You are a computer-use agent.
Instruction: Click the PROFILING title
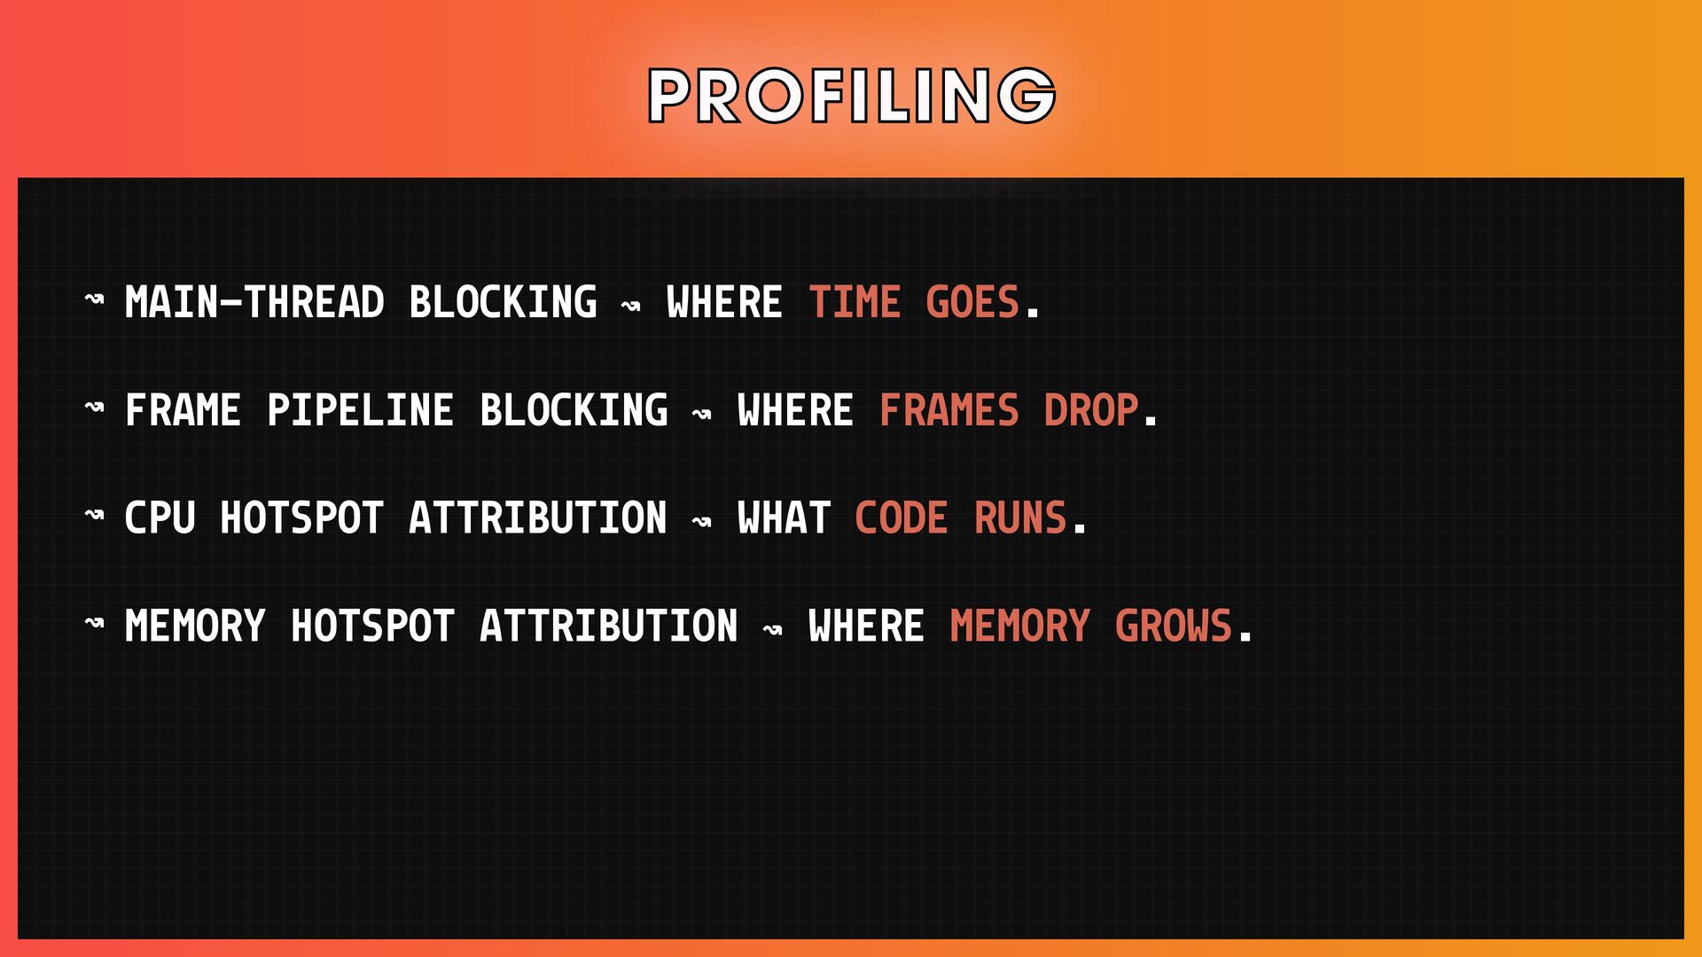tap(852, 95)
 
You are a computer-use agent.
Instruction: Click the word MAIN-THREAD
tap(254, 302)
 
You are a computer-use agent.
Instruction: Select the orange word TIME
tap(855, 302)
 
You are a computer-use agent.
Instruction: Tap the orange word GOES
tap(972, 302)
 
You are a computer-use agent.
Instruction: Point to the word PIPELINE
tap(360, 410)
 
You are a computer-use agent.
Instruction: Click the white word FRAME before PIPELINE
tap(183, 410)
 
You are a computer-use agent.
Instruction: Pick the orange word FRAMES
tap(949, 410)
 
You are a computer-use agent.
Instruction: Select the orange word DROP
tap(1091, 410)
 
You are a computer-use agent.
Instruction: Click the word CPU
tap(160, 517)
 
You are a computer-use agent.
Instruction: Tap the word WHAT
tap(784, 517)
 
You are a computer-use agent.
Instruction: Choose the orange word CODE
tap(902, 517)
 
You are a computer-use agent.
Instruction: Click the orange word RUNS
tap(1020, 517)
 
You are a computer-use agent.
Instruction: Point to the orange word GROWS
tap(1174, 626)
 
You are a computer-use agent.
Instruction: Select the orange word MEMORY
tap(1019, 626)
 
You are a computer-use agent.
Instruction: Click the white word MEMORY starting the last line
tap(195, 626)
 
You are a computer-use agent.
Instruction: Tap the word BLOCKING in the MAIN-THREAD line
tap(503, 302)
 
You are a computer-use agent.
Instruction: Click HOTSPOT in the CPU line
tap(301, 517)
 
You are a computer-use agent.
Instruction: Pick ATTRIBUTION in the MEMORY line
tap(608, 626)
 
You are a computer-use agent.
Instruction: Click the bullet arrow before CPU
tap(94, 514)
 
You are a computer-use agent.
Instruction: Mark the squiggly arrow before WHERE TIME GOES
tap(630, 307)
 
